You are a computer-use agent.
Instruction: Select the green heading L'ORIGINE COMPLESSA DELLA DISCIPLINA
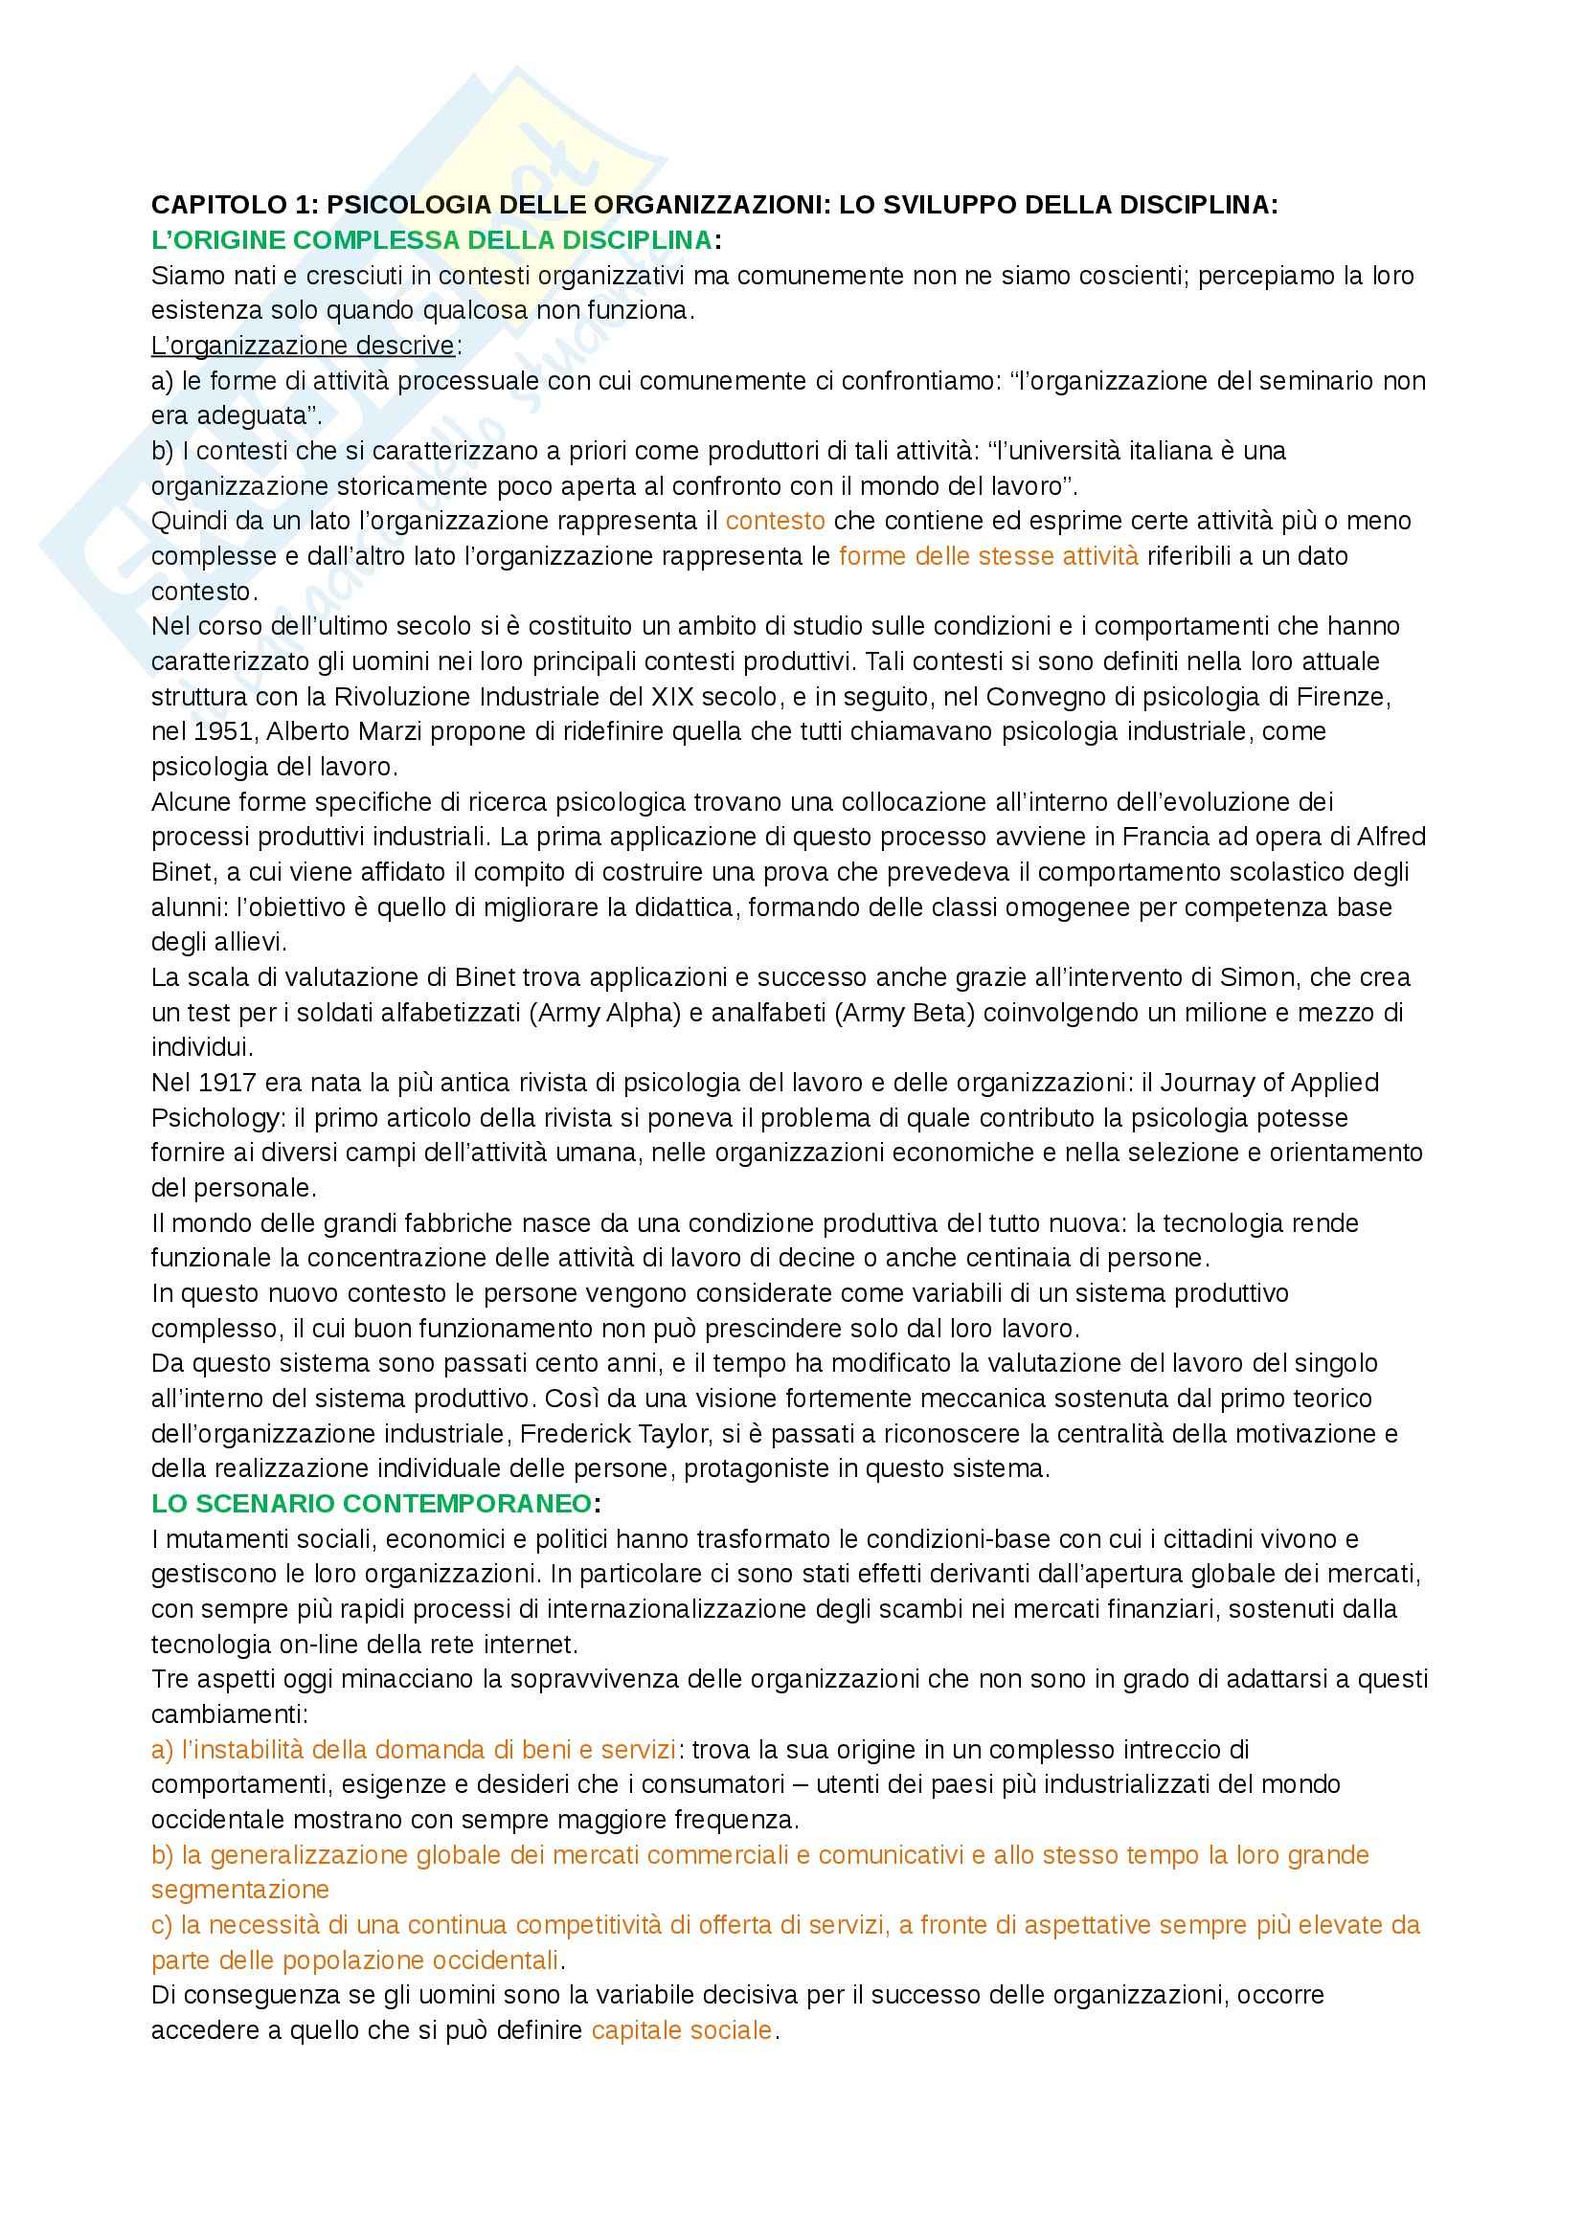[x=431, y=240]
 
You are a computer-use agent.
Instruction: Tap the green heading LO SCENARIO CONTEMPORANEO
[x=371, y=1503]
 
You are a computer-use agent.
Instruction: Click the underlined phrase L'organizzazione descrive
[x=303, y=346]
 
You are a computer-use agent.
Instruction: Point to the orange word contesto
[x=776, y=521]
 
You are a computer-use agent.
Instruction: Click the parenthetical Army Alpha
[x=603, y=1012]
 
